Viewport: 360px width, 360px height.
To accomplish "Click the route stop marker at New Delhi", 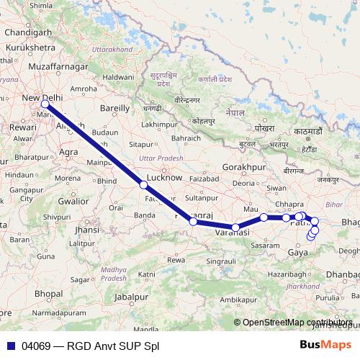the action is [x=45, y=104].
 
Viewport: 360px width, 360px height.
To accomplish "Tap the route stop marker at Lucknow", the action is [x=144, y=185].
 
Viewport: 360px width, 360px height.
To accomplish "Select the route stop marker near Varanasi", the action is [x=235, y=228].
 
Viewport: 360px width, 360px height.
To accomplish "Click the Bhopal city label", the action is [x=48, y=294].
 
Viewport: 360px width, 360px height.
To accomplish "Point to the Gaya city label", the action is [x=297, y=253].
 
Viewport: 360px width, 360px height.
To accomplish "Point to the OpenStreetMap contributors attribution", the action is [x=297, y=322].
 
